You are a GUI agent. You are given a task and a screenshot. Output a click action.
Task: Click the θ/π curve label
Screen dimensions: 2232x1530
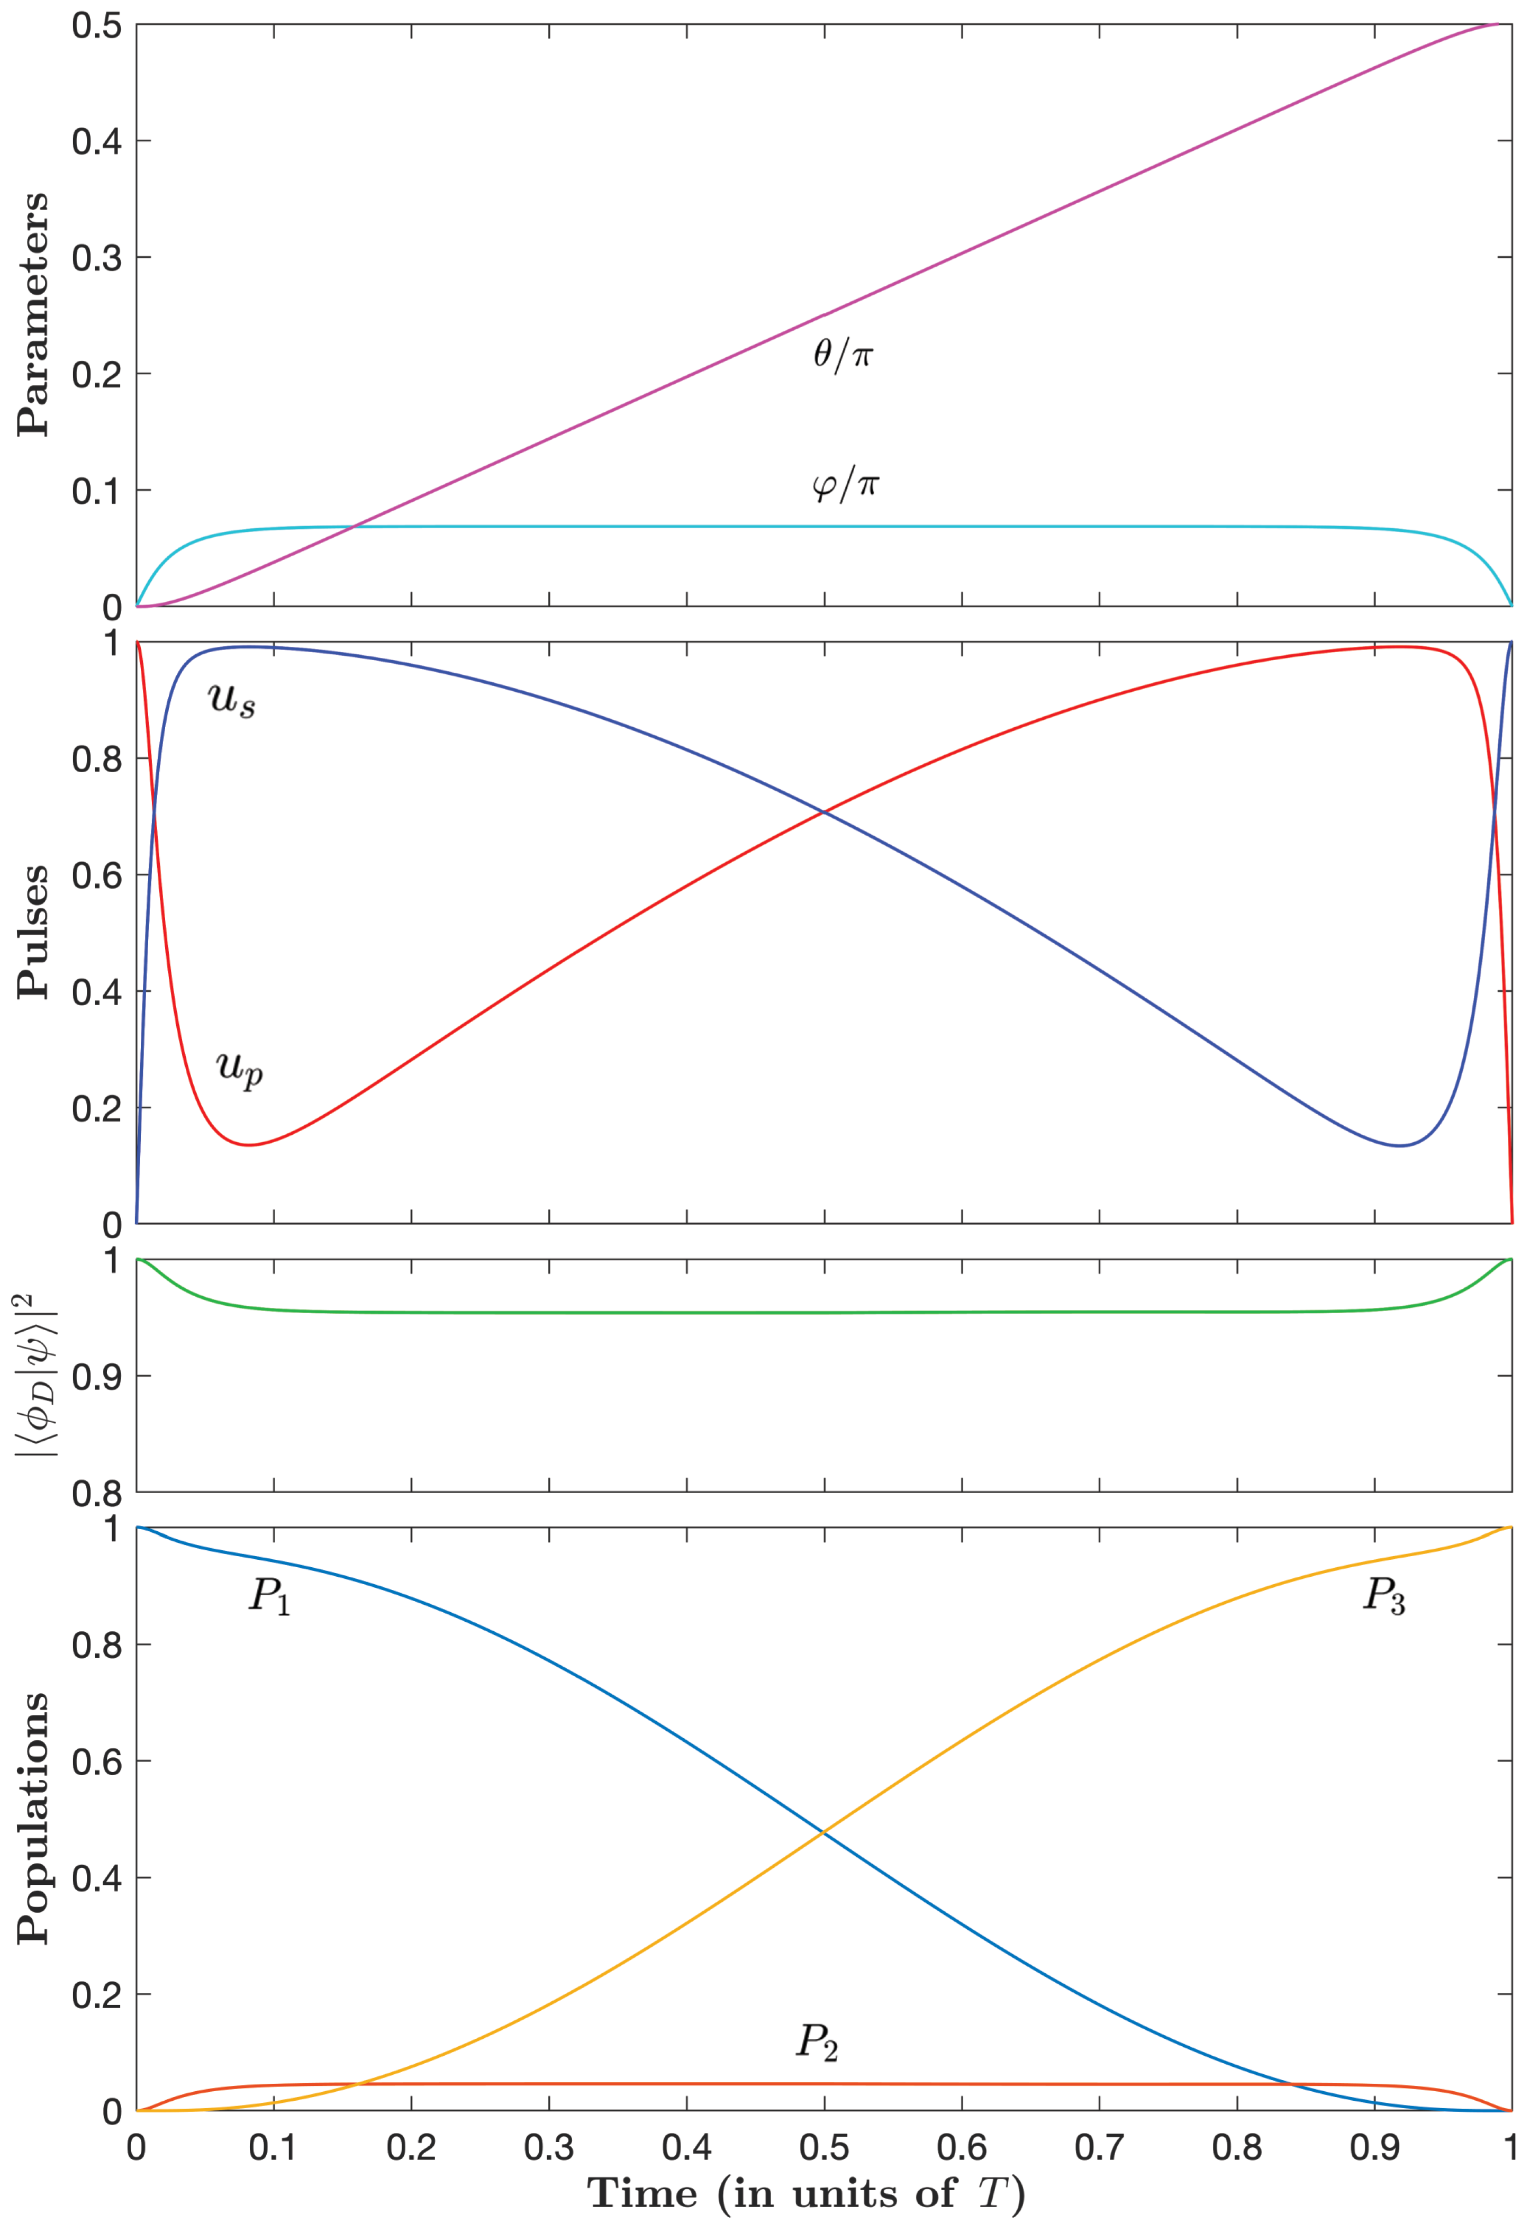(843, 355)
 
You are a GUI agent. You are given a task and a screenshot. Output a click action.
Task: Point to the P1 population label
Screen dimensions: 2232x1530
(270, 1596)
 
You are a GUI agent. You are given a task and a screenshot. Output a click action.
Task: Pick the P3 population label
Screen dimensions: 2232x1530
(1384, 1596)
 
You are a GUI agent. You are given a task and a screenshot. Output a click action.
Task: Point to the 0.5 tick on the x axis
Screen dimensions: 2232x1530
(824, 2147)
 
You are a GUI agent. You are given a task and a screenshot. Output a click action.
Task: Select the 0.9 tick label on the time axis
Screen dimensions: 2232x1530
(1374, 2147)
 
